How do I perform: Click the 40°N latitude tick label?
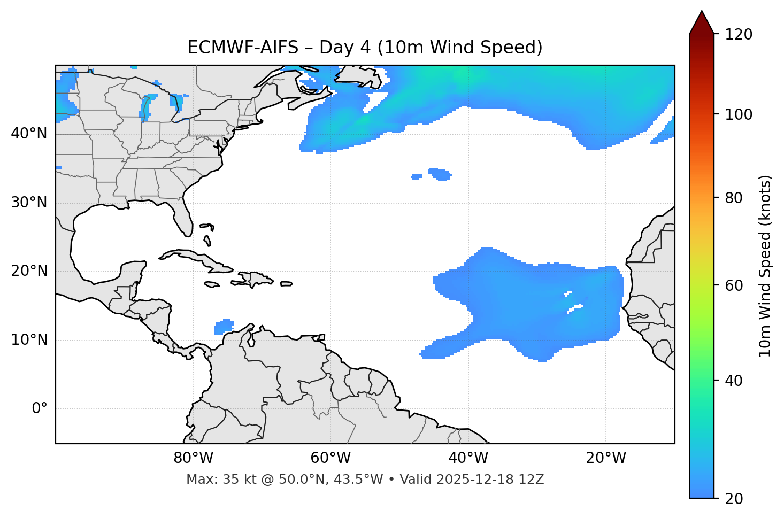(29, 134)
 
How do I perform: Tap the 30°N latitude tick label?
(29, 203)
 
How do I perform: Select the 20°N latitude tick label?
(29, 271)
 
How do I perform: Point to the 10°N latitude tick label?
(29, 340)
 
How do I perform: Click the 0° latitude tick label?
(40, 409)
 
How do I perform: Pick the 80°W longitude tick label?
(193, 458)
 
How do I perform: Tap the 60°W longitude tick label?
(330, 458)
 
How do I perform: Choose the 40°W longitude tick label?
(468, 458)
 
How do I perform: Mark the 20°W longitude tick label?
(605, 458)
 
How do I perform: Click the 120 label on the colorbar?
(739, 34)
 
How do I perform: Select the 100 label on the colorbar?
(739, 114)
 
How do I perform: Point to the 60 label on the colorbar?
(734, 285)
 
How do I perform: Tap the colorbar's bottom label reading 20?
(734, 499)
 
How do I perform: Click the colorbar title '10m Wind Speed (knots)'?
(765, 266)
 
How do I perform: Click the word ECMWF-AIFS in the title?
(243, 48)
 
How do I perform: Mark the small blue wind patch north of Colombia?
(224, 326)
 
